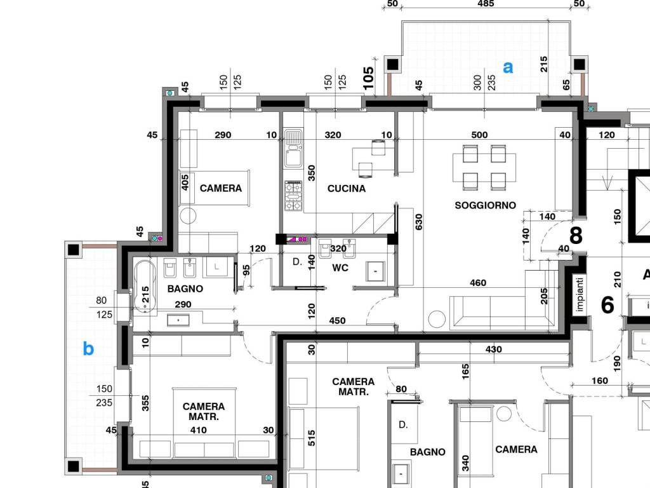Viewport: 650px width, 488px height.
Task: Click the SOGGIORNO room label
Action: point(486,205)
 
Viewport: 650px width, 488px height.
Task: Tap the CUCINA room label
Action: point(347,189)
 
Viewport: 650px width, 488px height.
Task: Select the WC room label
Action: point(340,268)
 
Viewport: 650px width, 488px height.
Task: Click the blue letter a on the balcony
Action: point(508,67)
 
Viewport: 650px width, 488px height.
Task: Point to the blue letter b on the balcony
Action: point(88,348)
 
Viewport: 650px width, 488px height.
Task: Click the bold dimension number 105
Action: point(368,78)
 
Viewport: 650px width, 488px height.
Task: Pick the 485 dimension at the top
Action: point(486,4)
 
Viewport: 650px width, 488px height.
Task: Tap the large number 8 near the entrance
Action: point(576,235)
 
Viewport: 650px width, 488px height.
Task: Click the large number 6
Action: point(607,304)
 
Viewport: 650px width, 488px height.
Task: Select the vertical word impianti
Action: point(580,295)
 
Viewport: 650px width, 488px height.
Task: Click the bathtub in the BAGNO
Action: point(145,287)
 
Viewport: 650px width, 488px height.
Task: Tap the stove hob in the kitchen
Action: point(293,196)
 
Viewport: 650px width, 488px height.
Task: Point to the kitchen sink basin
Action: point(293,148)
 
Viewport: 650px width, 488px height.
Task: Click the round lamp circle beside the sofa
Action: point(437,320)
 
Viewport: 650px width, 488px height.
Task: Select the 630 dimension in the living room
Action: point(419,222)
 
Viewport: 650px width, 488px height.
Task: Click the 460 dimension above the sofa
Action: point(478,283)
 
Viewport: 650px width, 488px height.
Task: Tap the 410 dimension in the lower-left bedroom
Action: point(198,430)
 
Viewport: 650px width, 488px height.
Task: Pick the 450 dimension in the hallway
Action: point(338,321)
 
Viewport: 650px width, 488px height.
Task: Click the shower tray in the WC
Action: point(376,271)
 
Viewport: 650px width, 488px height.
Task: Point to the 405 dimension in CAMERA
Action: point(185,182)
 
